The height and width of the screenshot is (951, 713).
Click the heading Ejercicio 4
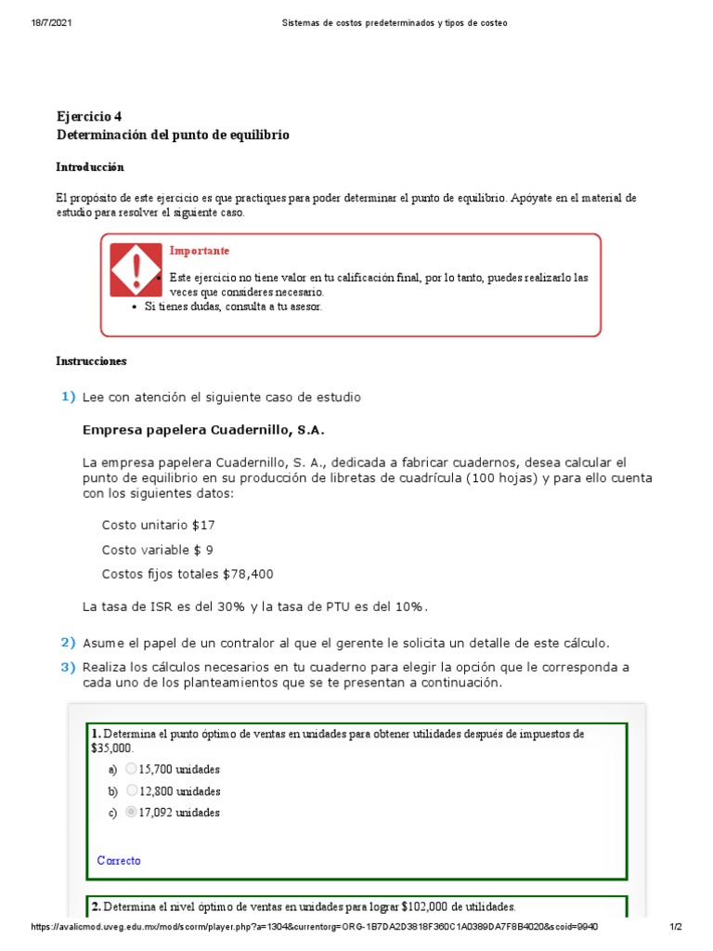[89, 116]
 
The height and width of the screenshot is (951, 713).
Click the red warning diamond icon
[136, 269]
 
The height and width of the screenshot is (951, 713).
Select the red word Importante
[199, 251]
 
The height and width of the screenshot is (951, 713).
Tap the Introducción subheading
[89, 167]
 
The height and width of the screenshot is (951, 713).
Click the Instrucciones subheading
[91, 360]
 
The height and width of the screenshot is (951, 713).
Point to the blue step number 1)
[68, 397]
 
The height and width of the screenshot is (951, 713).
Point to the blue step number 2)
[68, 643]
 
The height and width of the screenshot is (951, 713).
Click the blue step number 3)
[68, 667]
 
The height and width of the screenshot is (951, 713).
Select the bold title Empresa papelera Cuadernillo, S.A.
[204, 431]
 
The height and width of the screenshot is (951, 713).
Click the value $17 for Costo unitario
[203, 525]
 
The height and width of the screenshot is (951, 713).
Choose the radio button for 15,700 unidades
[131, 769]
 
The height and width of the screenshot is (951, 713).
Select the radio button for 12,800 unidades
[131, 791]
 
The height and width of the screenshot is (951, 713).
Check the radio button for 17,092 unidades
[131, 813]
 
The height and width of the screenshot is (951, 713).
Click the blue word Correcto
[119, 861]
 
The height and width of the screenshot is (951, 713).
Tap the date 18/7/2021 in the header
[51, 22]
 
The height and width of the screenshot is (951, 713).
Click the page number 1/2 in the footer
[675, 927]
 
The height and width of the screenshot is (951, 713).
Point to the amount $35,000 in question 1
[111, 748]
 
